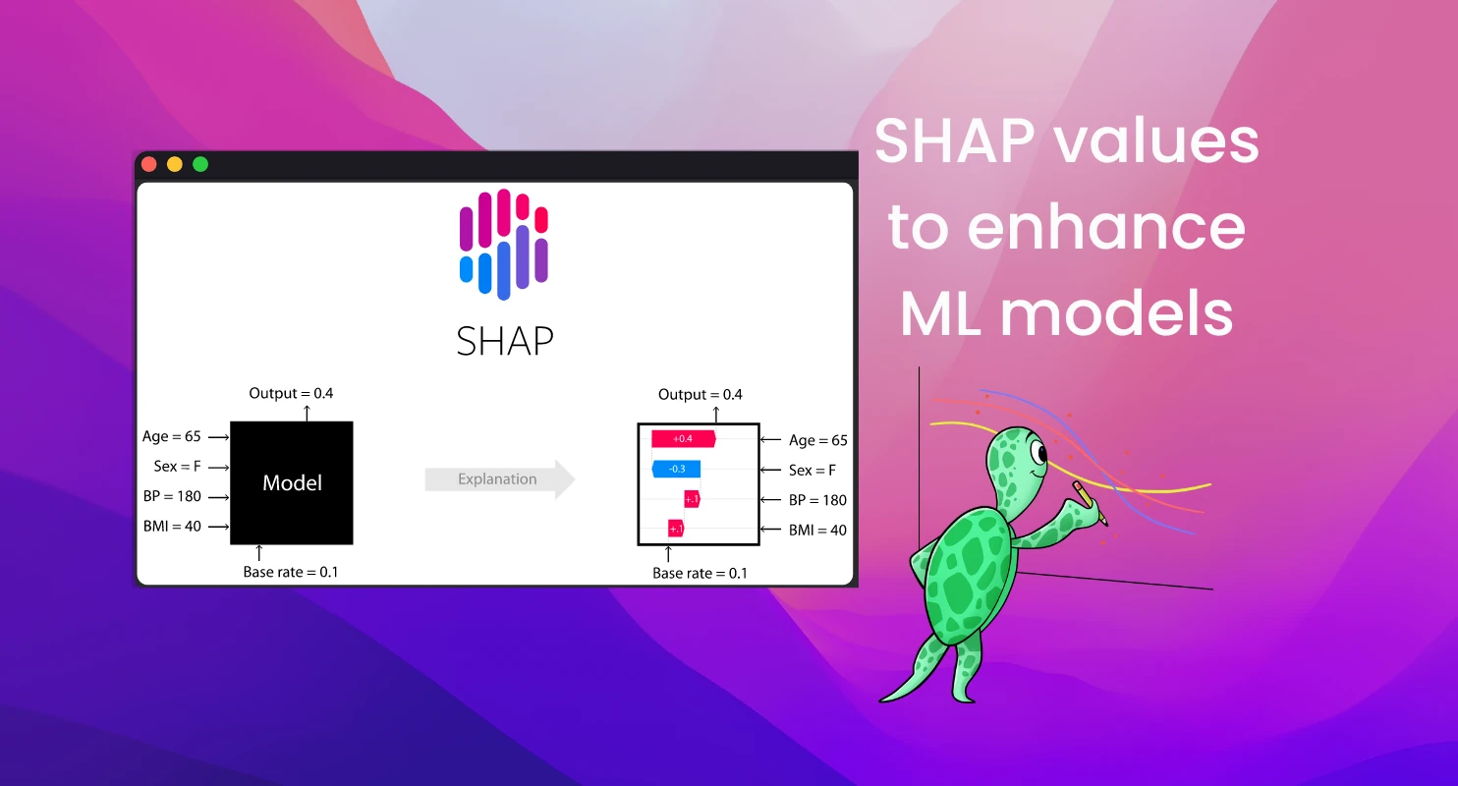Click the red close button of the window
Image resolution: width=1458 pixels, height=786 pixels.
coord(149,164)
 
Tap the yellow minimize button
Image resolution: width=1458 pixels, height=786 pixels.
coord(175,164)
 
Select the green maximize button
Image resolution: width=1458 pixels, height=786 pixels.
coord(200,164)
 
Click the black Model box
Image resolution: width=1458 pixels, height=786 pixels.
coord(292,482)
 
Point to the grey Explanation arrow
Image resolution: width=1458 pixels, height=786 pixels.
coord(499,479)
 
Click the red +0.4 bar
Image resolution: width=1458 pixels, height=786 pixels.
coord(683,438)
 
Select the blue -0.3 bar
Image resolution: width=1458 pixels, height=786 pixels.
coord(677,469)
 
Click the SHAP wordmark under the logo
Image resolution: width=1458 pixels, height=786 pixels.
coord(505,341)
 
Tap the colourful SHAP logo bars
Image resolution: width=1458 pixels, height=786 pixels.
coord(504,243)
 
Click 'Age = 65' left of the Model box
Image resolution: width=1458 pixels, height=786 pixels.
coord(173,436)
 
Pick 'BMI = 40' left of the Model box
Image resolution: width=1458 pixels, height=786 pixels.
coord(173,526)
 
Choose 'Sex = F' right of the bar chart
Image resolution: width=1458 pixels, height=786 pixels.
coord(813,471)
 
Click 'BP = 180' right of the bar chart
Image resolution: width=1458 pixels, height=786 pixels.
coord(817,500)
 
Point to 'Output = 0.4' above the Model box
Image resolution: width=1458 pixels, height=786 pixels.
coord(292,393)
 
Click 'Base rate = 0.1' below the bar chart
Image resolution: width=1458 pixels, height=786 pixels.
coord(700,573)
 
